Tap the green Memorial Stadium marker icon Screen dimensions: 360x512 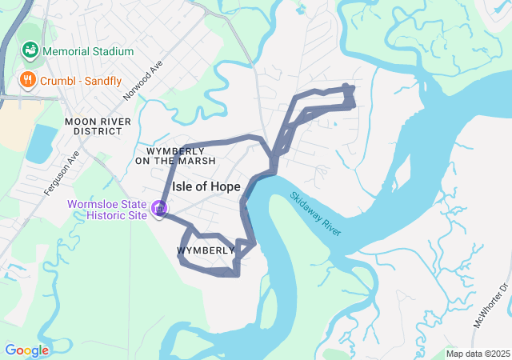pos(30,50)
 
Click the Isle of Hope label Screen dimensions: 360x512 pos(206,186)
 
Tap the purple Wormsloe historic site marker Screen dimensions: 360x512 pos(159,208)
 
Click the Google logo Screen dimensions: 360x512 pos(26,350)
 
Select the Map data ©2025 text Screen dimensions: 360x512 pos(477,354)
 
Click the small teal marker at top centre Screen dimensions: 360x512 pos(301,10)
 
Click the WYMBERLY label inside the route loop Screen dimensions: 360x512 pos(205,250)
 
